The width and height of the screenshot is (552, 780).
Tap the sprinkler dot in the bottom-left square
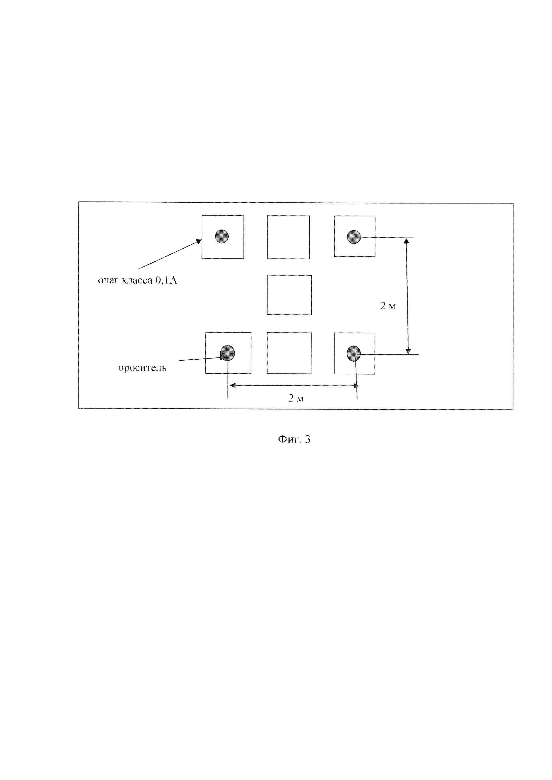pos(227,353)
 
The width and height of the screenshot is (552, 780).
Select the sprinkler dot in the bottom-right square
pos(353,353)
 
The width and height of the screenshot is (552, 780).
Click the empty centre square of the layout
pos(289,295)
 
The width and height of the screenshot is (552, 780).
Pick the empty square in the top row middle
pos(288,237)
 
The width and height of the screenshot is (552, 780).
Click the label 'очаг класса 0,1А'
pos(137,281)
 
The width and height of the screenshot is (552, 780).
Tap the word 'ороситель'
pos(142,368)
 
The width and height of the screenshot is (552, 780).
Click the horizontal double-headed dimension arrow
pos(294,385)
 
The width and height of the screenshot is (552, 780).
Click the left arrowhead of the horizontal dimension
pos(233,385)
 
